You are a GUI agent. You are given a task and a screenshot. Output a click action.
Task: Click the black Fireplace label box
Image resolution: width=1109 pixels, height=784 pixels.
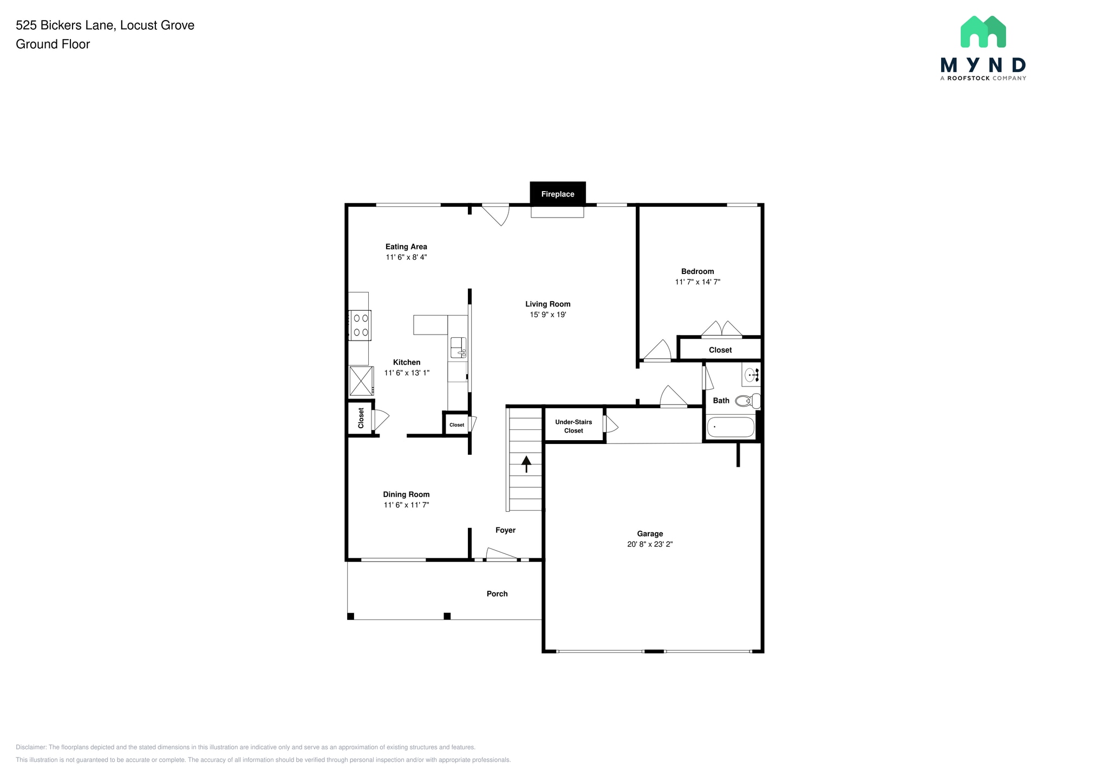pyautogui.click(x=557, y=194)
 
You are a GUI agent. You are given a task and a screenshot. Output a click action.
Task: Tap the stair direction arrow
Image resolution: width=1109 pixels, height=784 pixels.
pyautogui.click(x=526, y=463)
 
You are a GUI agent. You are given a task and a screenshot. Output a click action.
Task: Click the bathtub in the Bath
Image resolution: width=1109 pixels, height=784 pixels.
pyautogui.click(x=730, y=427)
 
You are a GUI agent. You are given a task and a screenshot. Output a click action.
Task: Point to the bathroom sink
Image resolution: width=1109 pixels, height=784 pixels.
pyautogui.click(x=752, y=374)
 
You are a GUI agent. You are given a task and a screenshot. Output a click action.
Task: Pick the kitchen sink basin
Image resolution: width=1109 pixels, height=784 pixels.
pyautogui.click(x=458, y=347)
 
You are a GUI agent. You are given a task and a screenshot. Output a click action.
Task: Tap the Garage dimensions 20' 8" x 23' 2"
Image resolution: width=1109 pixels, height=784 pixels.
pyautogui.click(x=650, y=544)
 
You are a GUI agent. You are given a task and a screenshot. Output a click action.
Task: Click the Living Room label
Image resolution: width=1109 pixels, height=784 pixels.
pyautogui.click(x=547, y=304)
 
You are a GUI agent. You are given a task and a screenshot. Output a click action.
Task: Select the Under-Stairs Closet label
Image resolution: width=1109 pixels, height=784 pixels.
pyautogui.click(x=573, y=426)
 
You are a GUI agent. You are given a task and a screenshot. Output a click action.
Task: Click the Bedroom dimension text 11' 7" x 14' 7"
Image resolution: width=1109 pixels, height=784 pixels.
pyautogui.click(x=697, y=282)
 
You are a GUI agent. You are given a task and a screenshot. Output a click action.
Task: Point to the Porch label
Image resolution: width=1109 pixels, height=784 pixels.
pyautogui.click(x=497, y=593)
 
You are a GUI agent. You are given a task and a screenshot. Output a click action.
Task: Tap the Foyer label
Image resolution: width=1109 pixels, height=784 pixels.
pyautogui.click(x=505, y=530)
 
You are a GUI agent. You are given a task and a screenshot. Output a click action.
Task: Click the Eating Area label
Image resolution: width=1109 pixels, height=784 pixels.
pyautogui.click(x=406, y=246)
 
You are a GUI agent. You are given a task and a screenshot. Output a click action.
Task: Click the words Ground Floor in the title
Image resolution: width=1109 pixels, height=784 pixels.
pyautogui.click(x=53, y=44)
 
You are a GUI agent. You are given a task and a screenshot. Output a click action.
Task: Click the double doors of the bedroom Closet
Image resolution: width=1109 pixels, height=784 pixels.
pyautogui.click(x=721, y=330)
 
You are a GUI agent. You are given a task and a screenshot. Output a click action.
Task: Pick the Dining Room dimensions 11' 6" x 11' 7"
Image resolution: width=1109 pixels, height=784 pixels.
pyautogui.click(x=406, y=505)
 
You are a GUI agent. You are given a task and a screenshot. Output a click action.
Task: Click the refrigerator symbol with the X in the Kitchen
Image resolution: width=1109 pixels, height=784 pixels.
pyautogui.click(x=361, y=381)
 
